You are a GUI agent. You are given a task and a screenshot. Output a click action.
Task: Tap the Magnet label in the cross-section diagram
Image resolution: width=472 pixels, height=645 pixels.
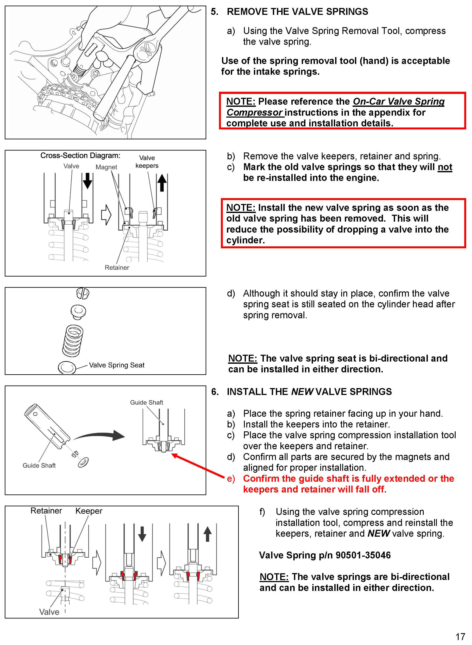pos(106,167)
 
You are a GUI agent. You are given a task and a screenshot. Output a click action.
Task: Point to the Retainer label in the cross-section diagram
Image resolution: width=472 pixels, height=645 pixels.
pos(117,267)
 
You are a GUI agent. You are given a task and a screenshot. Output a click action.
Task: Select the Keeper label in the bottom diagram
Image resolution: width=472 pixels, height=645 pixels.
pos(89,511)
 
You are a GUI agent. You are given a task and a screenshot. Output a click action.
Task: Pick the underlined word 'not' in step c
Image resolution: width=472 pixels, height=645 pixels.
pos(445,167)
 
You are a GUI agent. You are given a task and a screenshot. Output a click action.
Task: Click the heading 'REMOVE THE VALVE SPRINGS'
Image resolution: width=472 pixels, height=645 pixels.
pos(297,12)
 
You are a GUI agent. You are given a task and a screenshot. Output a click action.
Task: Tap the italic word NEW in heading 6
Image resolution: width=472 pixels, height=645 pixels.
pos(302,392)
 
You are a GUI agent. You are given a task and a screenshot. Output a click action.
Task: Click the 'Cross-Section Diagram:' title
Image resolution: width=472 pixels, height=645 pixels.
pos(80,156)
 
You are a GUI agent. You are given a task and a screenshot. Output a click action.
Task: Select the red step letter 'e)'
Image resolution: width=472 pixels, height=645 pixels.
pos(231,479)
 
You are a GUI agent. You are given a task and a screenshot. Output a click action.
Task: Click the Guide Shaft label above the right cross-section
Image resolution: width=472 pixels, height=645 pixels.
pos(147,402)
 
